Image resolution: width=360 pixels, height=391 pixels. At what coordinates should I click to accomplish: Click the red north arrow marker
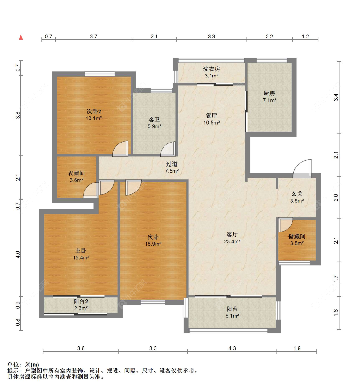point(21,37)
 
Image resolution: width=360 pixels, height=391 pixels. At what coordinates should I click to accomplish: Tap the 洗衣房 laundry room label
point(211,69)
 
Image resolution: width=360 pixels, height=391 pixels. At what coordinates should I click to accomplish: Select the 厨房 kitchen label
point(269,93)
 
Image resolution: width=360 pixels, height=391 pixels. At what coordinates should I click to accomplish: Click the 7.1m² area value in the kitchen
point(269,100)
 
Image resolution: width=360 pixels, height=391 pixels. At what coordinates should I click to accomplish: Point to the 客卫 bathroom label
point(154,119)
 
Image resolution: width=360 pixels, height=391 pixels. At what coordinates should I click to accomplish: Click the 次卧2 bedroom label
point(94,111)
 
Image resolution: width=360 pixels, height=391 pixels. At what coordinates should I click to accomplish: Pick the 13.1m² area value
point(94,118)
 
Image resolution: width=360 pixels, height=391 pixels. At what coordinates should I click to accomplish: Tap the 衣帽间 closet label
point(76,173)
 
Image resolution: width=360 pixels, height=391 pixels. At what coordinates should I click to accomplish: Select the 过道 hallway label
point(172,164)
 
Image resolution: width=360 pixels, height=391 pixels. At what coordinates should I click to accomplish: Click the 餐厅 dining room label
point(211,116)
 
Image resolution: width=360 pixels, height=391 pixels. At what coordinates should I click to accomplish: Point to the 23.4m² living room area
point(232,242)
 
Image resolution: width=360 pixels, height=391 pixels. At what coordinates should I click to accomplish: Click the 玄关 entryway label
point(297,194)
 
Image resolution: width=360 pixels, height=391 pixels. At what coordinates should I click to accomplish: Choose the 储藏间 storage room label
point(297,236)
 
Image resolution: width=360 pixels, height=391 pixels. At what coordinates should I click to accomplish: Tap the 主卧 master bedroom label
point(81,251)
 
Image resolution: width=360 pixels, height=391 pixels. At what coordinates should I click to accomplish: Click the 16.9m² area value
point(153,244)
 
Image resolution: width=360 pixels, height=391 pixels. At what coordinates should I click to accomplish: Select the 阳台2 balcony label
point(81,301)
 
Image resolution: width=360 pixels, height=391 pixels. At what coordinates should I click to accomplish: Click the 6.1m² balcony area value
point(232,316)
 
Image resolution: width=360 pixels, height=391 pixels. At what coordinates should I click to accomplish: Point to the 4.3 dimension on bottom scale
point(232,348)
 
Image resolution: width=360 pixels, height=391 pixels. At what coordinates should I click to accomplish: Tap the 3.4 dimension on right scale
point(336,97)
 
